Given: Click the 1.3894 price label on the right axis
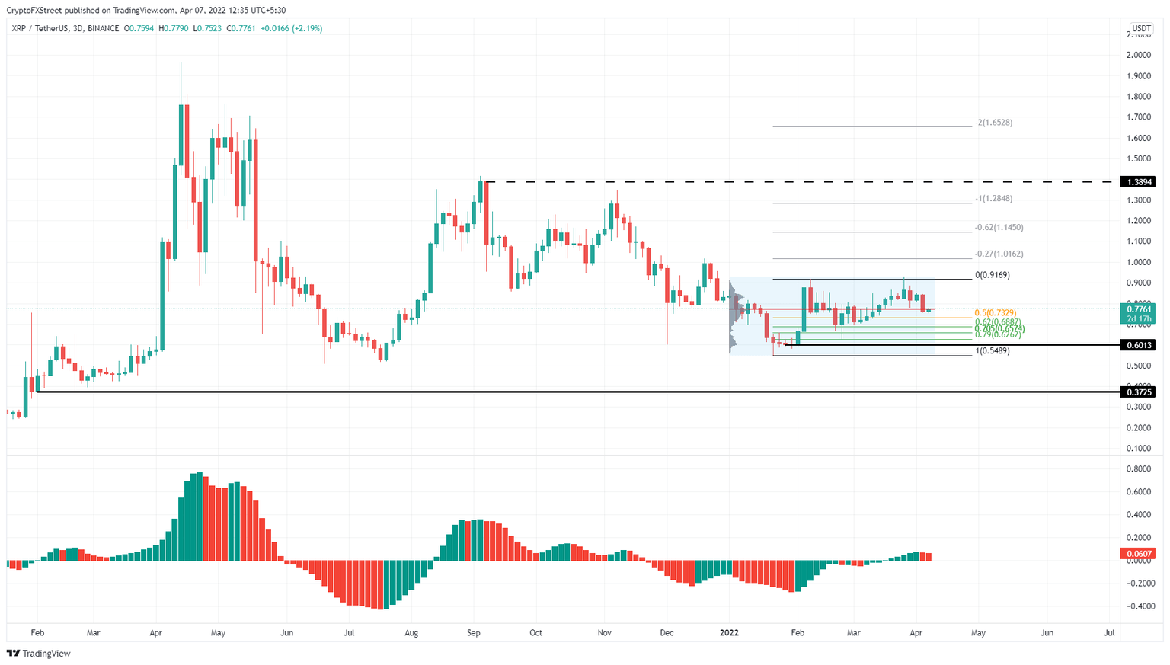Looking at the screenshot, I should [1137, 182].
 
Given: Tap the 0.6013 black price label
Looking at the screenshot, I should [1137, 345].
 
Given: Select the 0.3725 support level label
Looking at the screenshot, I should [1137, 392].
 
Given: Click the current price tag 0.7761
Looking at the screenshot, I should [1137, 309].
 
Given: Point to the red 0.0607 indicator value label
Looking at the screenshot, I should [1137, 554].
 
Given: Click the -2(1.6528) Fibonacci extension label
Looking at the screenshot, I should [993, 123].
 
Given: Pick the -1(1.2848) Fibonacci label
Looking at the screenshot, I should [993, 199].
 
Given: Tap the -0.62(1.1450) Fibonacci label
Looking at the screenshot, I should [999, 228].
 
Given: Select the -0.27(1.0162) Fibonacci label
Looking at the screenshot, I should [999, 254].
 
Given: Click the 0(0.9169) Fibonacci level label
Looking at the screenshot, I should [993, 275].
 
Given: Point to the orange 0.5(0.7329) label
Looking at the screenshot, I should [995, 313].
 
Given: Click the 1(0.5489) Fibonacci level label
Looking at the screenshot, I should [993, 351].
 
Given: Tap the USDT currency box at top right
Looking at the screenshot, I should [1140, 29].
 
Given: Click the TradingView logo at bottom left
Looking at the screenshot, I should [39, 654].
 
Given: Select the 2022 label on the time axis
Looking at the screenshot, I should [729, 633].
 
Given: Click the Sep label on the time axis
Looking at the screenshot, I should [473, 633].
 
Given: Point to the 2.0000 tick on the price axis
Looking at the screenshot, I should [1138, 56].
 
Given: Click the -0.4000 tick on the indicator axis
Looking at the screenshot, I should [1136, 607].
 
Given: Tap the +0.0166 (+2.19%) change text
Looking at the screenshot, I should [291, 29].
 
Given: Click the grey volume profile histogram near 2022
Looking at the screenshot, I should [736, 316].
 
